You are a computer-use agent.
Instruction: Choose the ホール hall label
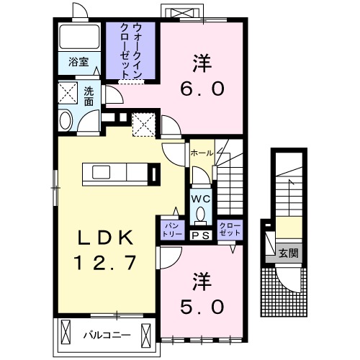tap(201, 153)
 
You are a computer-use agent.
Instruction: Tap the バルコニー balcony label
tap(101, 335)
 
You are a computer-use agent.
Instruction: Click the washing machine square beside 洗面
tap(69, 93)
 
